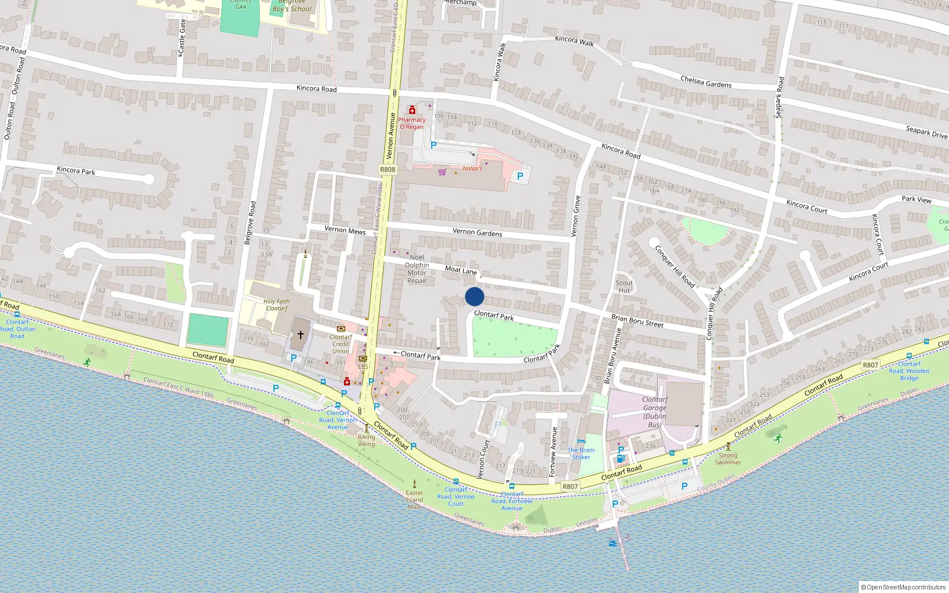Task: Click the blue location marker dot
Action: tap(474, 296)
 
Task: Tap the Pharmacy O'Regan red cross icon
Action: tap(412, 110)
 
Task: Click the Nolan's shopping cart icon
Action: tap(442, 172)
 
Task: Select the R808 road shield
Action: tap(387, 170)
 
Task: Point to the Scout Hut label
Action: tap(624, 286)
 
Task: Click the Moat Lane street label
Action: tap(461, 270)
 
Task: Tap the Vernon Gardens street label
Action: tap(477, 232)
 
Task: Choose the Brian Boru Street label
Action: tap(637, 321)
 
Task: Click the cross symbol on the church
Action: tap(301, 335)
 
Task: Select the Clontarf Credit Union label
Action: tap(341, 344)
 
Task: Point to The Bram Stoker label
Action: tap(581, 454)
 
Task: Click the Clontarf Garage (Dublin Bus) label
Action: tap(655, 412)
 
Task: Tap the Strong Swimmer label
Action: tap(728, 459)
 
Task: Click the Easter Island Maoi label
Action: tap(415, 500)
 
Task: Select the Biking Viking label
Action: tap(366, 440)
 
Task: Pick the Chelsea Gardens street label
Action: tap(706, 81)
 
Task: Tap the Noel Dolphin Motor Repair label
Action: tap(417, 269)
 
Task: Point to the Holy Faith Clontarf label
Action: tap(276, 305)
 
